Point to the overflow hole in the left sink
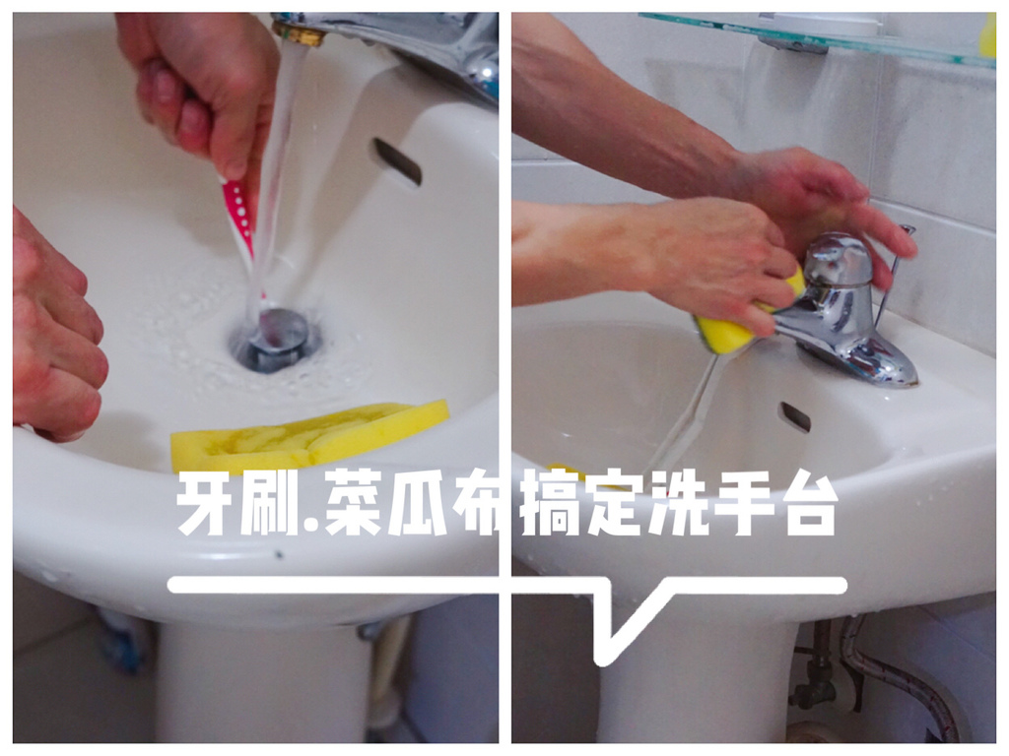coord(396,161)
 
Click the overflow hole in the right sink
coord(795,416)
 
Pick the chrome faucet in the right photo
coord(841,313)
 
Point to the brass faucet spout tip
coord(300,34)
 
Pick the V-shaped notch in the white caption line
coord(621,630)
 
